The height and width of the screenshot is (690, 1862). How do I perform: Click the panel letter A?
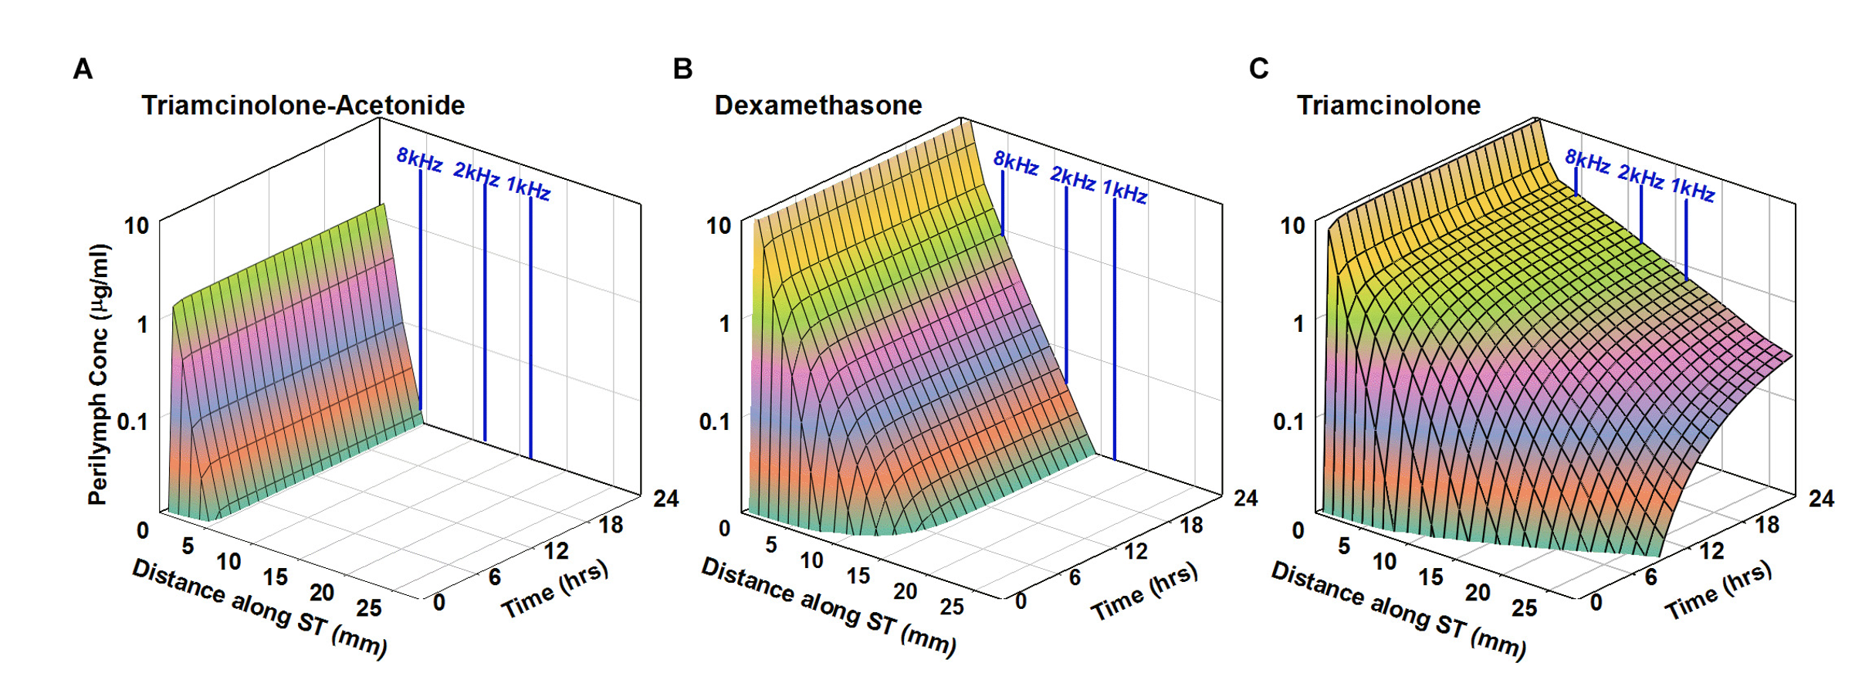click(x=83, y=69)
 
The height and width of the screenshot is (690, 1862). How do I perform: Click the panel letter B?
click(x=682, y=69)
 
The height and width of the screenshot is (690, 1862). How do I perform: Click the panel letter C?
click(x=1258, y=69)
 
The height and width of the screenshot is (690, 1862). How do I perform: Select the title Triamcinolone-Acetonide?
click(x=303, y=105)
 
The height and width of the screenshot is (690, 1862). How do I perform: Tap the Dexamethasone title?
click(x=818, y=105)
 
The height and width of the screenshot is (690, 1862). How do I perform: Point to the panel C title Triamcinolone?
click(x=1388, y=105)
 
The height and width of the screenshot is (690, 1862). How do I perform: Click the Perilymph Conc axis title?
click(x=99, y=374)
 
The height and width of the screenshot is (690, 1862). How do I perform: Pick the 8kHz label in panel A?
click(x=419, y=160)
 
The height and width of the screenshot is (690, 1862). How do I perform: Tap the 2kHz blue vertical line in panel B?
click(x=1066, y=286)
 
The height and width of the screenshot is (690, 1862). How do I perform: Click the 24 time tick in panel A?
click(x=665, y=499)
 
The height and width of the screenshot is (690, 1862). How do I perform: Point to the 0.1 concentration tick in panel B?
click(x=713, y=422)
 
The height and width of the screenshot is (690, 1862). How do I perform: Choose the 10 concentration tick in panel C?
click(x=1292, y=225)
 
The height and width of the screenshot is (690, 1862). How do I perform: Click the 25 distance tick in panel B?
click(x=951, y=607)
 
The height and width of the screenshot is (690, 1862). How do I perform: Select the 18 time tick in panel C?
click(x=1767, y=525)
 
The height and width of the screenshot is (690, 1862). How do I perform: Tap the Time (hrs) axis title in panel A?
click(x=554, y=589)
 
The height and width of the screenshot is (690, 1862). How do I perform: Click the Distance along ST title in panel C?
click(x=1397, y=610)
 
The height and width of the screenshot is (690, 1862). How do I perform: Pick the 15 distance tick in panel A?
click(x=275, y=577)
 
